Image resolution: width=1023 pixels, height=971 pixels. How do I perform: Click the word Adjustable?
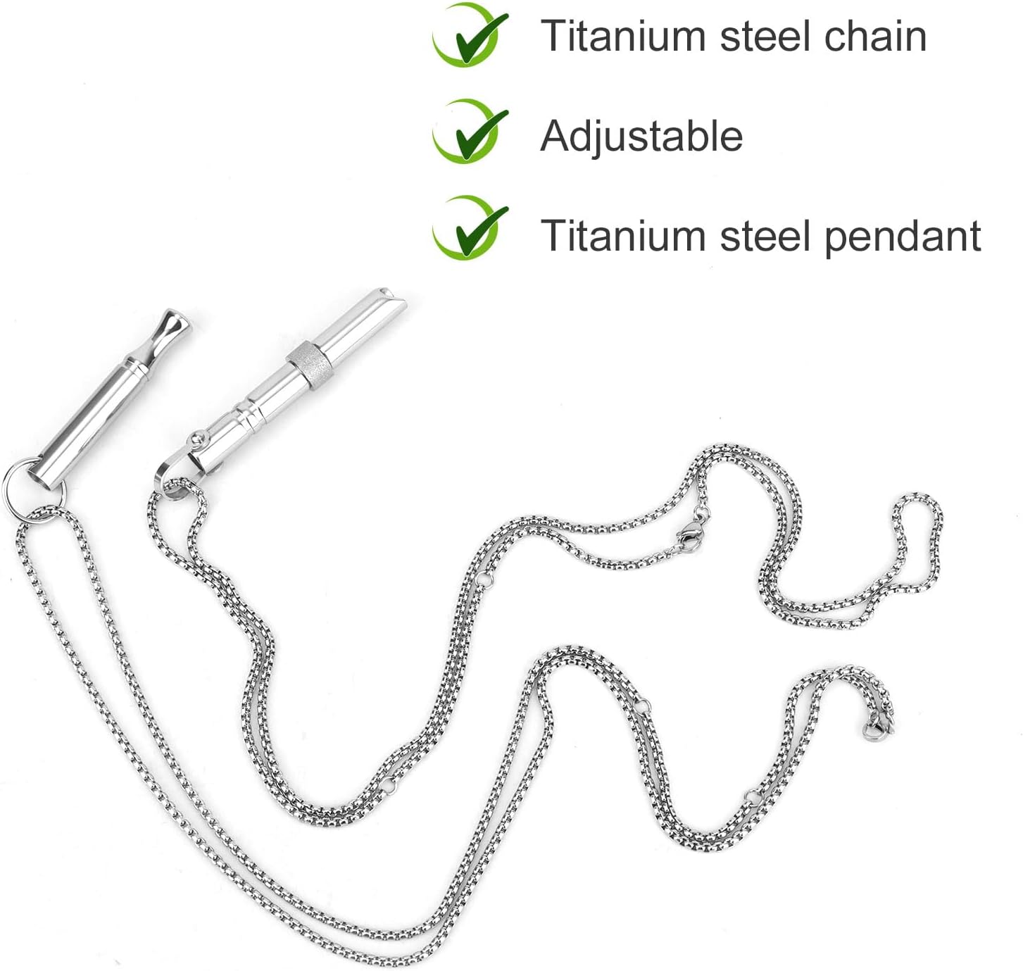pyautogui.click(x=641, y=136)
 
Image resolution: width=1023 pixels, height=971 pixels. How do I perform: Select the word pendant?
pyautogui.click(x=903, y=236)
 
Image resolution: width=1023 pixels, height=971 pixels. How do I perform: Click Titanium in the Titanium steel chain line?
pyautogui.click(x=622, y=36)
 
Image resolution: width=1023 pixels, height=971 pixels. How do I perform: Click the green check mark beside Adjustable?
pyautogui.click(x=469, y=131)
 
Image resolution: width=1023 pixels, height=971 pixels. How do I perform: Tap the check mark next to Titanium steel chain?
pyautogui.click(x=469, y=35)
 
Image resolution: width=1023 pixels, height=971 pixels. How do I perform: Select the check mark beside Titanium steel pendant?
pyautogui.click(x=469, y=227)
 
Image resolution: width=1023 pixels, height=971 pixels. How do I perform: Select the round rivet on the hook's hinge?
pyautogui.click(x=197, y=439)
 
